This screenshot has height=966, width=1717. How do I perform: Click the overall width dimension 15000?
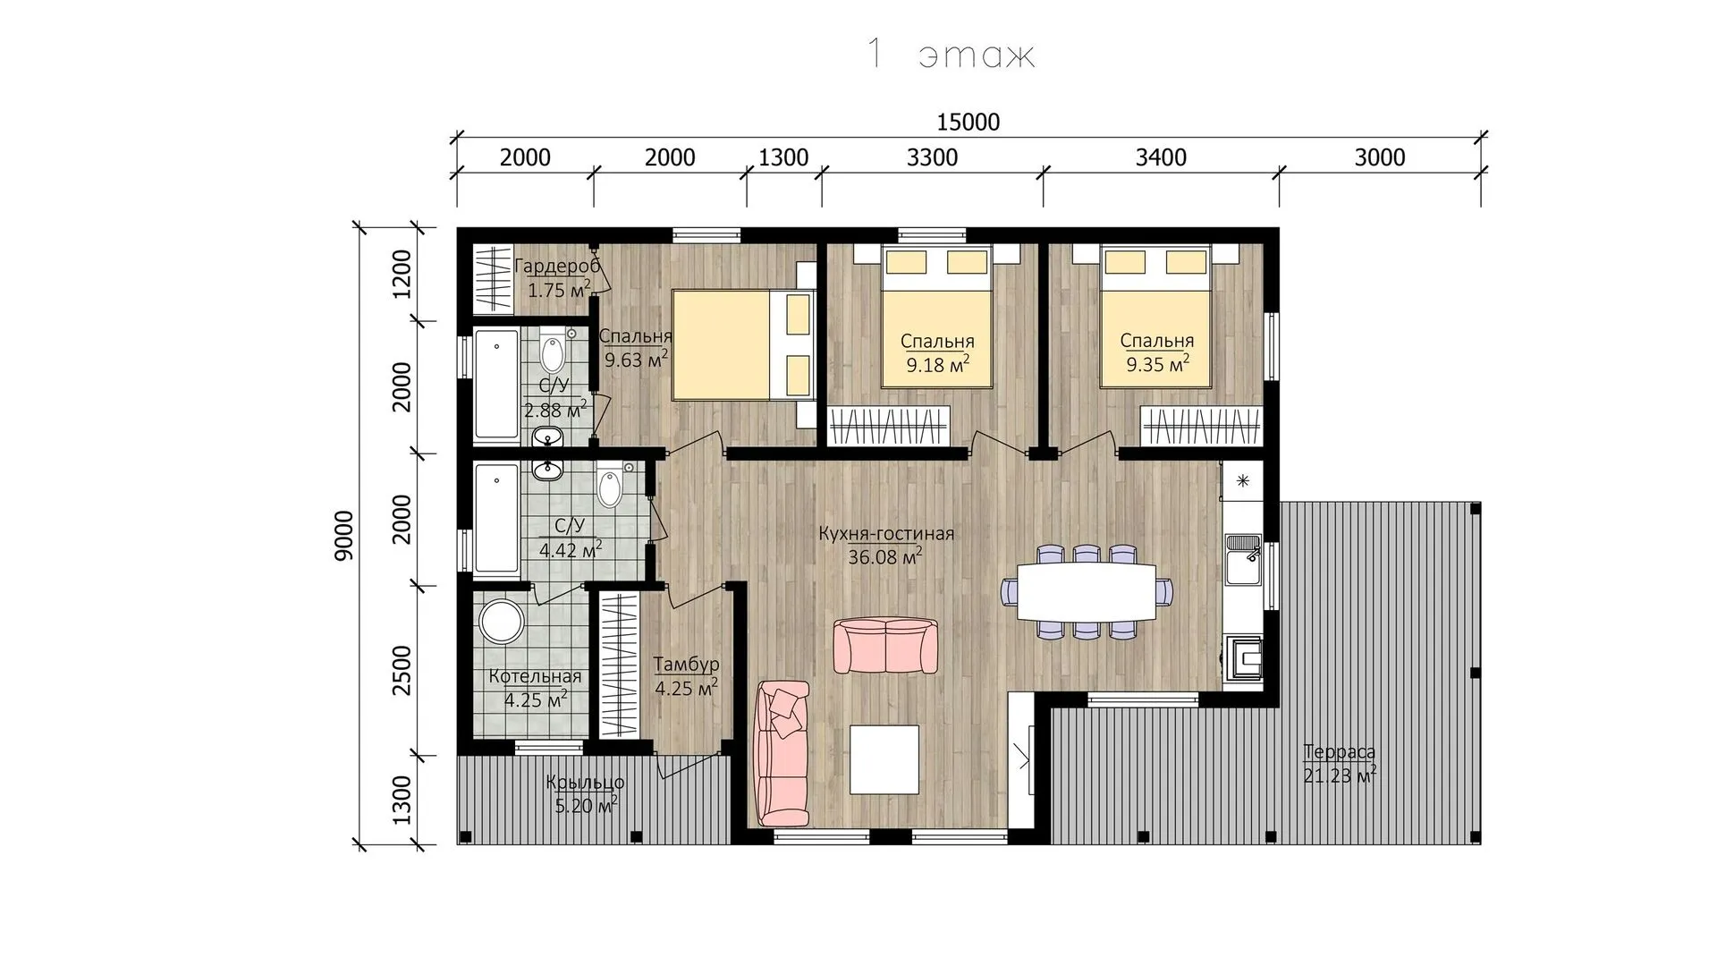click(968, 122)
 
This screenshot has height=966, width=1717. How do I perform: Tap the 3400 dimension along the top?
click(1161, 157)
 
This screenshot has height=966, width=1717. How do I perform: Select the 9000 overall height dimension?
click(344, 535)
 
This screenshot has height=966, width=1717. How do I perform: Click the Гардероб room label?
click(557, 267)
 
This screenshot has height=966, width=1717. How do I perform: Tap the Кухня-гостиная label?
click(886, 534)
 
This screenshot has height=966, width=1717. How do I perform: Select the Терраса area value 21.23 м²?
click(1339, 775)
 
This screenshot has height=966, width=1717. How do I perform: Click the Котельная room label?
click(535, 677)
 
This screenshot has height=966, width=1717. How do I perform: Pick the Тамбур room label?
click(686, 665)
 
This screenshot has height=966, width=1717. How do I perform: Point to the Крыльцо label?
click(585, 784)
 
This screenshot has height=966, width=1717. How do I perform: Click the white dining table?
click(1086, 591)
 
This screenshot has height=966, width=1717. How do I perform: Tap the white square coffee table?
click(884, 759)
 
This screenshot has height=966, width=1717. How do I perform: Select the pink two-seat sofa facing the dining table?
click(886, 646)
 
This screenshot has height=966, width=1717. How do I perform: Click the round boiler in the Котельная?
click(501, 621)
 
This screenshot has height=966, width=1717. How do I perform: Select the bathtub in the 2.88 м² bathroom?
click(495, 386)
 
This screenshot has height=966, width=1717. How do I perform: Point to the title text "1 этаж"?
click(951, 55)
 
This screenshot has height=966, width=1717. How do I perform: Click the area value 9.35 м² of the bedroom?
click(1157, 364)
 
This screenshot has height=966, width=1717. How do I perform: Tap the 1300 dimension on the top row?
click(783, 157)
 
